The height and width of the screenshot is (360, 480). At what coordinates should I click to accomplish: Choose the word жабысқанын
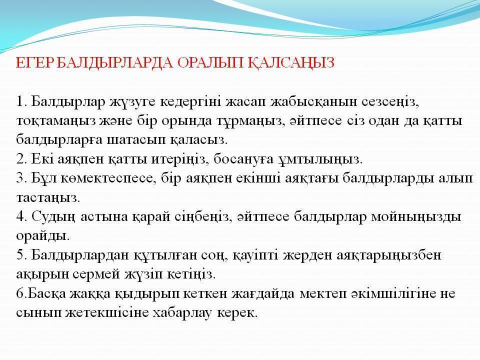click(x=313, y=102)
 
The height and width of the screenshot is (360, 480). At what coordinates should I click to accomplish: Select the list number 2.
click(x=21, y=159)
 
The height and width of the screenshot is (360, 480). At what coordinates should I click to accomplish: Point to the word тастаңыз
click(x=48, y=198)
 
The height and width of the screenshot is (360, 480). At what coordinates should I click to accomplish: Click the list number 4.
click(x=21, y=216)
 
